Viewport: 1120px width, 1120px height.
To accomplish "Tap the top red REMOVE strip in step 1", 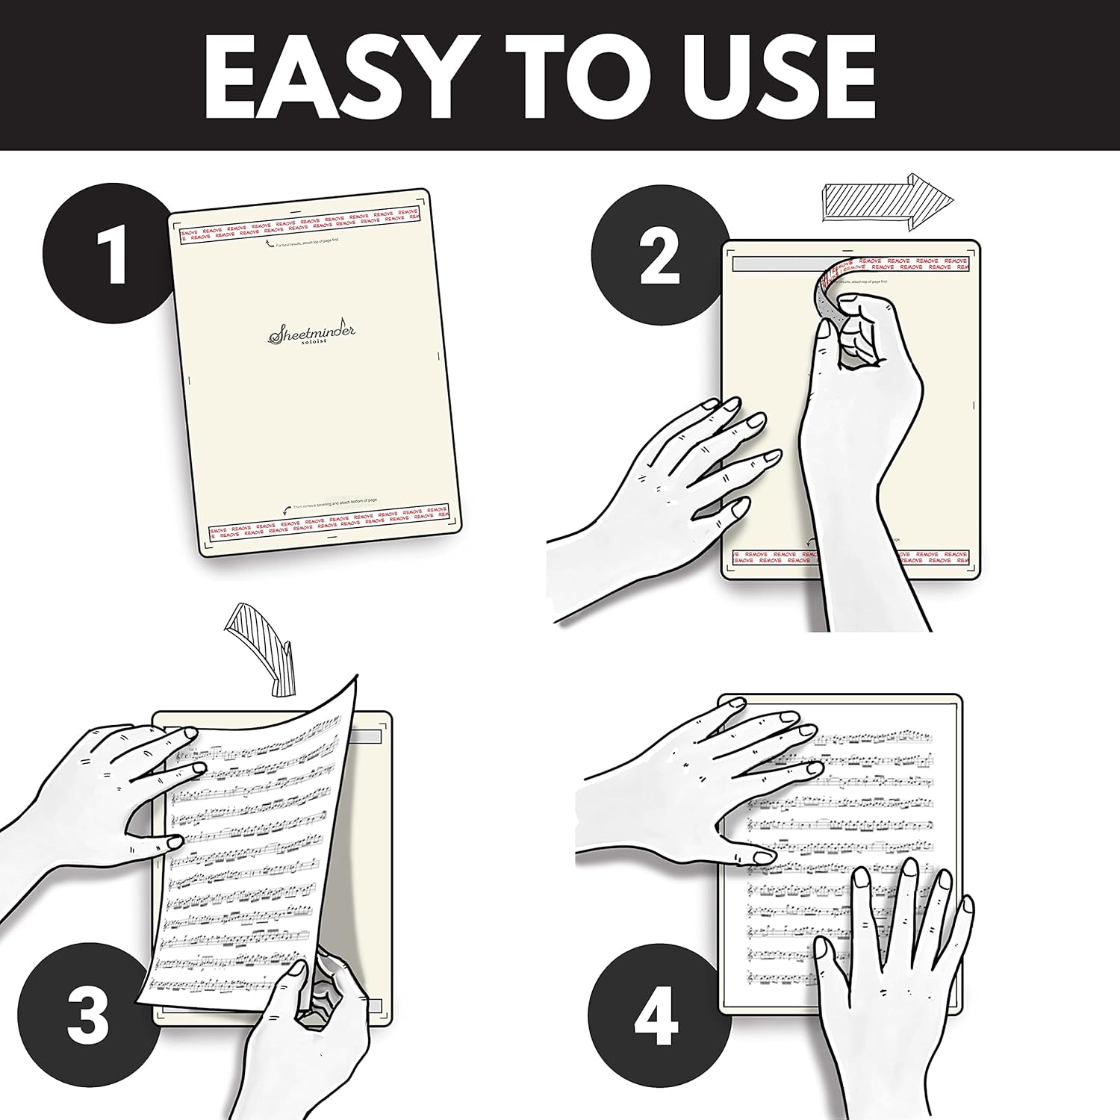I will click(x=299, y=225).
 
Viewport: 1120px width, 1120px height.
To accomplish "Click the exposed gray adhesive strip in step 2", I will click(x=769, y=264).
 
